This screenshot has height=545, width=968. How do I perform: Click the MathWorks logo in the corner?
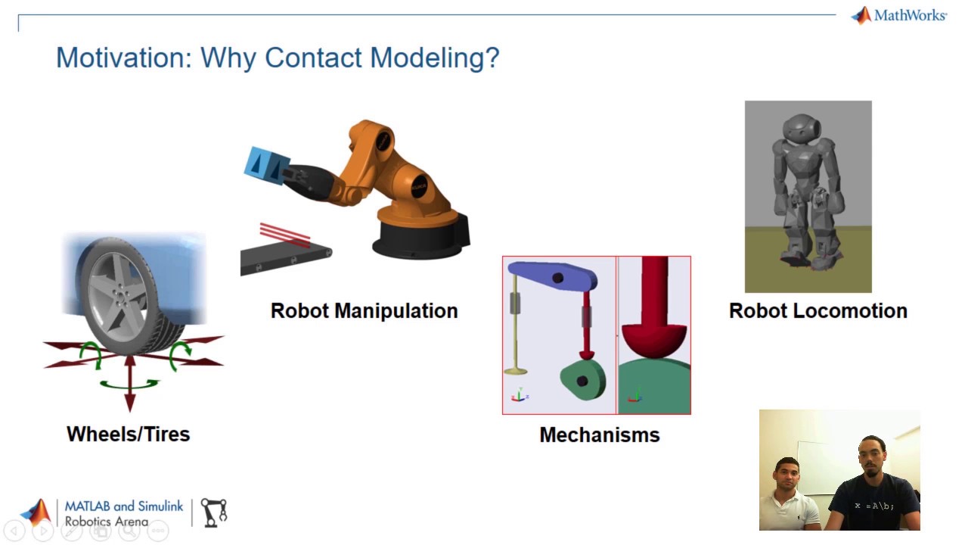898,15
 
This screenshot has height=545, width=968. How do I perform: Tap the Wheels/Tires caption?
128,434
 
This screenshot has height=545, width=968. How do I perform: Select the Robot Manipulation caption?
364,310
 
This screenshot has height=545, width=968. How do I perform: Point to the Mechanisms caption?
599,434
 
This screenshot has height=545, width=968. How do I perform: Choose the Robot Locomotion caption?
818,310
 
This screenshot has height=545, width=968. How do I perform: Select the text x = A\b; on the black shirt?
873,505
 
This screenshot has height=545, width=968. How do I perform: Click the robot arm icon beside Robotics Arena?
213,512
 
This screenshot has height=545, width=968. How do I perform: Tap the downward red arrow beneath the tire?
129,394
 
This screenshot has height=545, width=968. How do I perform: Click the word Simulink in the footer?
160,506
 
